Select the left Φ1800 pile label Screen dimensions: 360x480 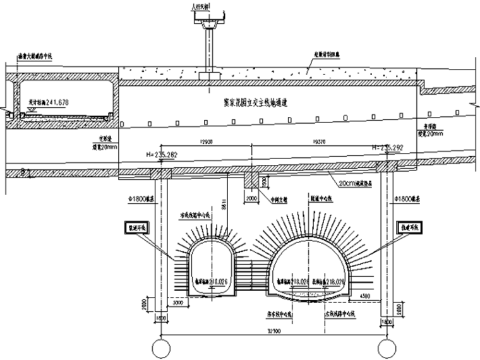point(141,200)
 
